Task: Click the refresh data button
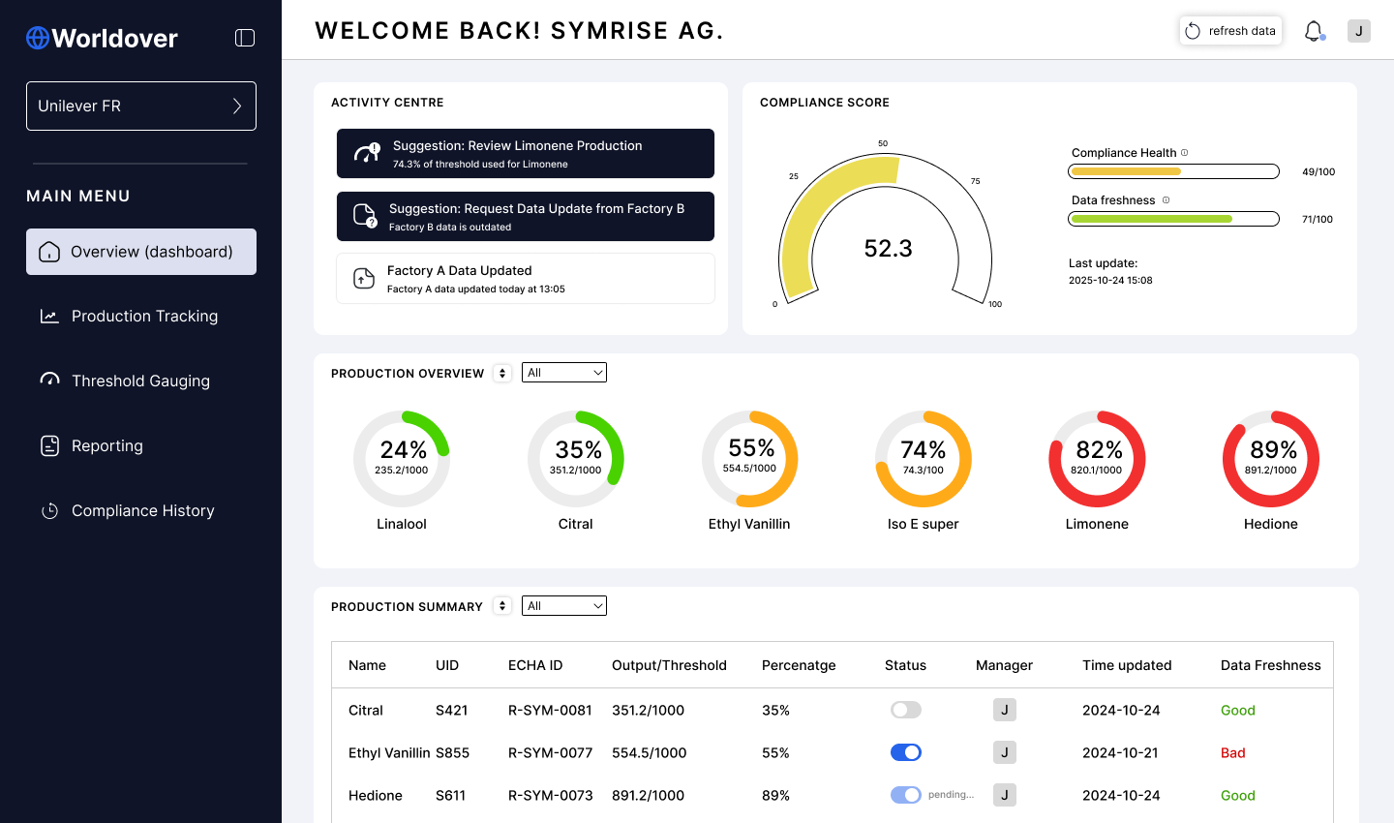(1230, 31)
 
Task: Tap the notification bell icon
(1313, 31)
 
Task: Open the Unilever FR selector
(141, 106)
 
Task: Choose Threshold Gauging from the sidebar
(141, 381)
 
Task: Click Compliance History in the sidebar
(141, 510)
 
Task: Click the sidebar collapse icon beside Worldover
(245, 38)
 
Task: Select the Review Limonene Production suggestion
(526, 154)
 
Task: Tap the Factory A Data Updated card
(526, 278)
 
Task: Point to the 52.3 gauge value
(888, 249)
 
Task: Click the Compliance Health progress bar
(1173, 171)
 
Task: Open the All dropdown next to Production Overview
(563, 372)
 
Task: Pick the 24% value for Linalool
(404, 449)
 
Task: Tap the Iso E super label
(923, 524)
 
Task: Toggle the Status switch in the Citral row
(905, 710)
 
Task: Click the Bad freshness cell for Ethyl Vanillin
(1233, 752)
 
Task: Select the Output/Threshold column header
(669, 665)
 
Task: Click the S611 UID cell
(450, 795)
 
